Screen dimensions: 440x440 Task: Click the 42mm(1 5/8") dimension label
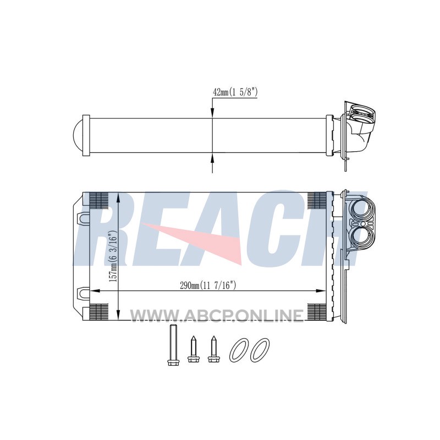[x=235, y=92]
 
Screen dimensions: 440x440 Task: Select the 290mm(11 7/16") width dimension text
[x=208, y=285]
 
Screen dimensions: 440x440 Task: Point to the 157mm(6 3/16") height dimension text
[x=113, y=257]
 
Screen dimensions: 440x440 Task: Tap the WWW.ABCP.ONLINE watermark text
[x=217, y=315]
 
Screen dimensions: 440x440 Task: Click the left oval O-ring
[x=239, y=350]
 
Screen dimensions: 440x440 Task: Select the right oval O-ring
[x=260, y=350]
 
